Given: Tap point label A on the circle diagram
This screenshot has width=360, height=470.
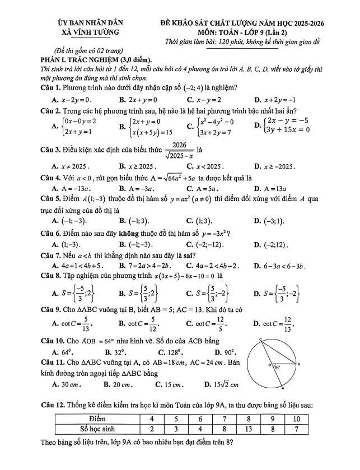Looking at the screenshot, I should pos(282,388).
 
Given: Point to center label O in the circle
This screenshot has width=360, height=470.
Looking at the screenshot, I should pos(253,365).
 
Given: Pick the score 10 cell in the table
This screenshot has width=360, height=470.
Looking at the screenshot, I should pos(297,419).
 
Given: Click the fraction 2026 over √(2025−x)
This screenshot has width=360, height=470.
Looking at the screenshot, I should pos(175,150).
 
